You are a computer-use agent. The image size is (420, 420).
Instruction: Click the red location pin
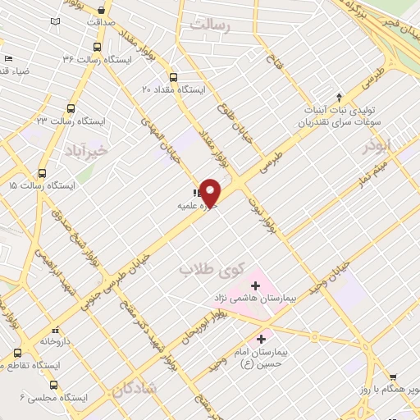point(211,192)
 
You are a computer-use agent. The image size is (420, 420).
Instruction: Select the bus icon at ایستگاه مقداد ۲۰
point(175,73)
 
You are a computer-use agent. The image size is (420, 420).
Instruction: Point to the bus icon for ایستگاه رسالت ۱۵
point(43,173)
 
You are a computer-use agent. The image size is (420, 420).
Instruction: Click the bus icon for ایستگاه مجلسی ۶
point(55,385)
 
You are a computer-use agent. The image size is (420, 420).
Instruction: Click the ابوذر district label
point(381,145)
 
